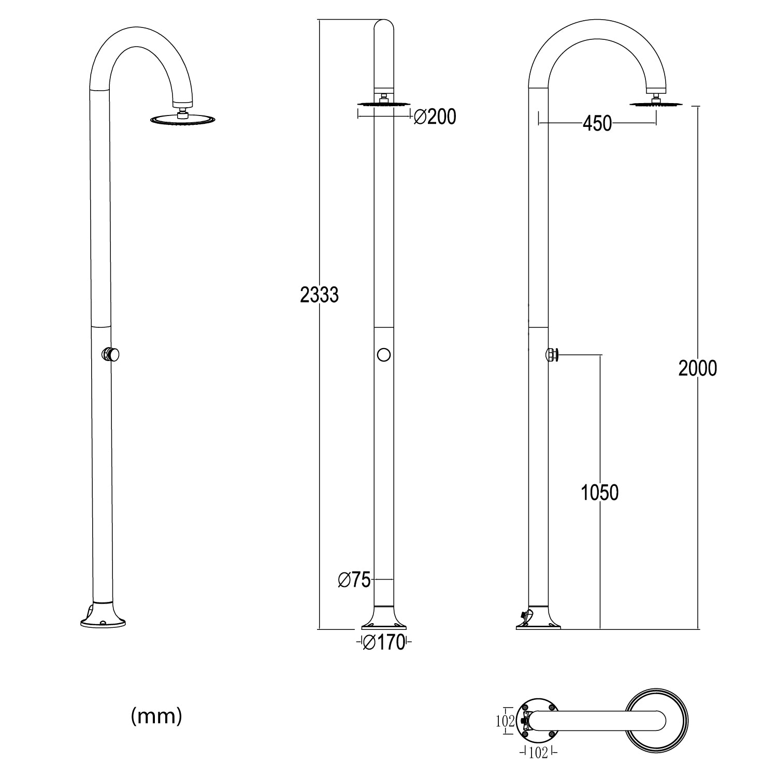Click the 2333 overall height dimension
click(319, 295)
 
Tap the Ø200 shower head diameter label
click(435, 117)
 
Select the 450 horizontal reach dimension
click(597, 124)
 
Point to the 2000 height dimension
click(697, 368)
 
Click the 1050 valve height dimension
click(599, 493)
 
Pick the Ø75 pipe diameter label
click(354, 580)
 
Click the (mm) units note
click(156, 716)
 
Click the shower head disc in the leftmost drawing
click(182, 120)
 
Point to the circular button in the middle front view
click(383, 355)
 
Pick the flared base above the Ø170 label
click(383, 618)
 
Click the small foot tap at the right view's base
click(524, 616)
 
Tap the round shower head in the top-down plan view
click(657, 721)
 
